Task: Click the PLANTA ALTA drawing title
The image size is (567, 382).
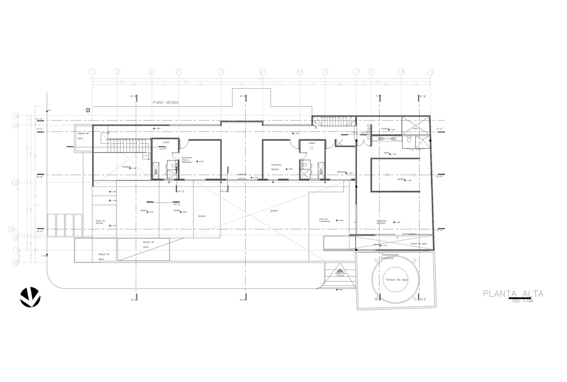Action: click(x=513, y=294)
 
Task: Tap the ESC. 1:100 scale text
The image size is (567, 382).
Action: click(x=523, y=301)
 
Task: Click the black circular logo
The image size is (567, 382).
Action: click(x=30, y=297)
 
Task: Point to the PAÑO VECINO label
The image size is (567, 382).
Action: click(x=166, y=102)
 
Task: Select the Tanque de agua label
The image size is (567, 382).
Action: click(x=397, y=280)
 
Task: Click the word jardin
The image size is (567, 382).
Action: click(x=274, y=211)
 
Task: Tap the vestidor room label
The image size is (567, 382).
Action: click(x=401, y=180)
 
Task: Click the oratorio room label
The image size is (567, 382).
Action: click(x=385, y=128)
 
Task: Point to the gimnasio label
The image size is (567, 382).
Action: click(x=342, y=172)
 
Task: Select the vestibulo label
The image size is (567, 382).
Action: click(x=126, y=167)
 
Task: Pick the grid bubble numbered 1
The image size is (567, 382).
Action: click(x=92, y=72)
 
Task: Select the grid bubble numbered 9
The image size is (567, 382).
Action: click(x=431, y=72)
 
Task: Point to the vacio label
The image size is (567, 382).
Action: click(x=415, y=128)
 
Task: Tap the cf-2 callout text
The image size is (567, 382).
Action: click(x=177, y=204)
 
